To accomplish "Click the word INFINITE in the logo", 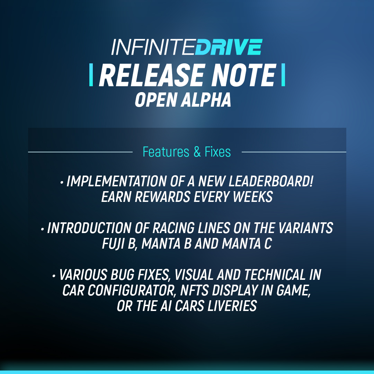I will tap(153, 47).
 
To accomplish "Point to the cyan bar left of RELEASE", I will tap(91, 75).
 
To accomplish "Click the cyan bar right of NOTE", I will tap(283, 75).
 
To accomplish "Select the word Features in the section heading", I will tap(166, 152).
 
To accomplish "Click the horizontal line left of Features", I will tap(80, 152).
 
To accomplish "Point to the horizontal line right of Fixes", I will tap(294, 152).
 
